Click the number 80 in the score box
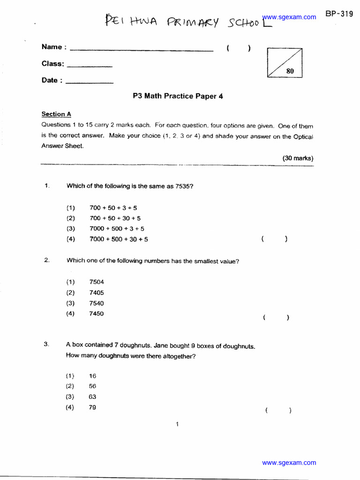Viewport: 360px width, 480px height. [x=290, y=71]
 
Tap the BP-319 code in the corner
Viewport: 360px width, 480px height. [x=339, y=14]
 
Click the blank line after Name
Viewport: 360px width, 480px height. [x=141, y=50]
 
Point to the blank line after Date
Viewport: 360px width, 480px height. [x=90, y=83]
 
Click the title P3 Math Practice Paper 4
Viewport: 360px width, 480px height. [x=178, y=96]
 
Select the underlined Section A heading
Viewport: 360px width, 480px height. [x=56, y=114]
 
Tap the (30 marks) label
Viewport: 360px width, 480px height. [x=298, y=158]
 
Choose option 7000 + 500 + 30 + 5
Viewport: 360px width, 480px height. [x=119, y=239]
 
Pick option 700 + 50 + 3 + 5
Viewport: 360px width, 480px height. [x=113, y=208]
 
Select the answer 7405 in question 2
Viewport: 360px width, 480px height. [x=97, y=292]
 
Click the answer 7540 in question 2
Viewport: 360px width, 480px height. [x=97, y=303]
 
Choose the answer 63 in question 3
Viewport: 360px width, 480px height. [x=92, y=397]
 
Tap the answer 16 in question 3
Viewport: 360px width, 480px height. [x=92, y=376]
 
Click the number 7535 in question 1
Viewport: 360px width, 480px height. [x=184, y=186]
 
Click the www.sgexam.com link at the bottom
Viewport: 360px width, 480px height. [x=289, y=463]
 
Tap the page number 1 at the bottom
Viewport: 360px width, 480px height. [x=177, y=425]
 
